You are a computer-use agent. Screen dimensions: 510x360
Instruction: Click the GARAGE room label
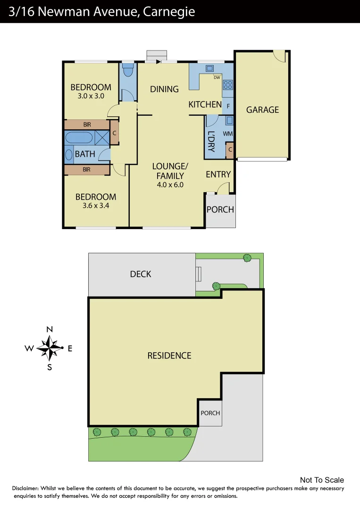(x=262, y=110)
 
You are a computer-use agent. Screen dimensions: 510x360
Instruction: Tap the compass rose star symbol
(x=49, y=348)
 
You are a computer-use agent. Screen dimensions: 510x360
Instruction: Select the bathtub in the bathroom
(x=80, y=138)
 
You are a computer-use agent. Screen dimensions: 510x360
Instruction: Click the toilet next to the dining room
(x=127, y=70)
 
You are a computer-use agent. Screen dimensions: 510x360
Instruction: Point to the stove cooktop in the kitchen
(x=228, y=85)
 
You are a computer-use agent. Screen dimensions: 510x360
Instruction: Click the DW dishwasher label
(x=217, y=77)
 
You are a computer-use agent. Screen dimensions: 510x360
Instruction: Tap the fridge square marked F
(x=228, y=106)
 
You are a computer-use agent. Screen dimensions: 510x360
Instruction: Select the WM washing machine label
(x=227, y=134)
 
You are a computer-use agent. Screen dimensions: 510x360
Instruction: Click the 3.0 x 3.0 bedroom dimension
(x=91, y=96)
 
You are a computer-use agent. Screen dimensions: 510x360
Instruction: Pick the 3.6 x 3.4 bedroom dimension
(x=96, y=205)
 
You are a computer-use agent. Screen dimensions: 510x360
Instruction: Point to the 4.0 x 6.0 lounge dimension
(x=170, y=185)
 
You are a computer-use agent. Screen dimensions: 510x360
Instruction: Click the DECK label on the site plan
(x=141, y=274)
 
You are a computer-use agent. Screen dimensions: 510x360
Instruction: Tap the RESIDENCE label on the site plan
(x=169, y=356)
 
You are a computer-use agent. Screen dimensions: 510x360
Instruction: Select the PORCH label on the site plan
(x=210, y=413)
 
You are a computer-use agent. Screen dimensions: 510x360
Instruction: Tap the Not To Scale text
(x=322, y=480)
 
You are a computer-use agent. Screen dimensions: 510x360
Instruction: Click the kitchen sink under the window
(x=209, y=68)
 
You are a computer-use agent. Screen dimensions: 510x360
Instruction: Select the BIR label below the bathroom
(x=87, y=170)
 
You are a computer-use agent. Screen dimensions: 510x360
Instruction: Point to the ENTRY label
(x=218, y=174)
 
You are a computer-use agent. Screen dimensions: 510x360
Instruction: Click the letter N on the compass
(x=50, y=329)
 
